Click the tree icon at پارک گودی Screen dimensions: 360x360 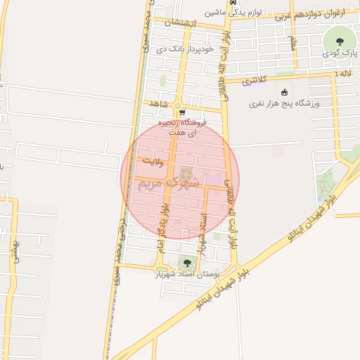pyautogui.click(x=340, y=40)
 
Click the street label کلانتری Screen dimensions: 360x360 pyautogui.click(x=256, y=82)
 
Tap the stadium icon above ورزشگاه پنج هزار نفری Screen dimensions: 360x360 pyautogui.click(x=284, y=92)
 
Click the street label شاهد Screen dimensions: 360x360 pyautogui.click(x=159, y=104)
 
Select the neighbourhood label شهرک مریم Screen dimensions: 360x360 pyautogui.click(x=169, y=181)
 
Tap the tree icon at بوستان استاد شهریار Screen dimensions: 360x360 pyautogui.click(x=187, y=263)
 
